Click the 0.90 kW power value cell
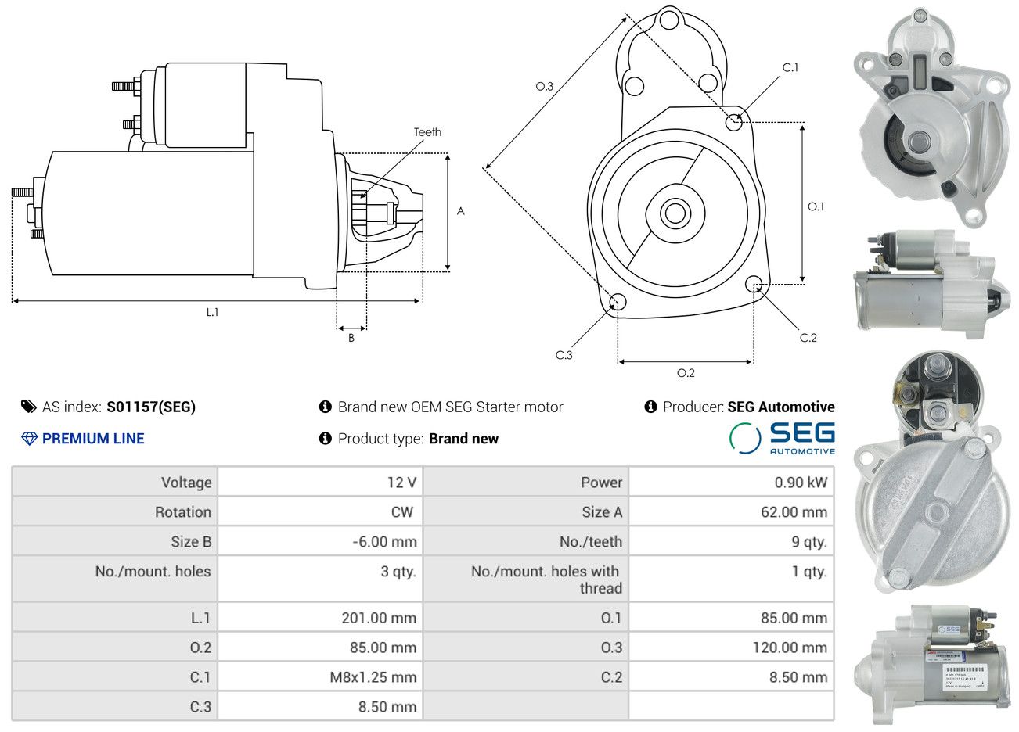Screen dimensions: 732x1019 coord(801,483)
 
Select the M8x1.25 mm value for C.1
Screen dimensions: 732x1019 coord(373,677)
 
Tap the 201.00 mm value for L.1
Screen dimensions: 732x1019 coord(379,618)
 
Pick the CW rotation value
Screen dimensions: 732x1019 coord(401,512)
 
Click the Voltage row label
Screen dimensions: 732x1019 coord(186,483)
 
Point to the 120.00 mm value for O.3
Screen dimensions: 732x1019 coord(793,648)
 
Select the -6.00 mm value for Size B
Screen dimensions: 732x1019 coord(383,542)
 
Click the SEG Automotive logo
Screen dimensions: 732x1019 coord(782,438)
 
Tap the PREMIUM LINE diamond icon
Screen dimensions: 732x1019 coord(29,439)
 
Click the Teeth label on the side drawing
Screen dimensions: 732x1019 coord(427,132)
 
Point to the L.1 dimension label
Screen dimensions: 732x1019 coord(212,312)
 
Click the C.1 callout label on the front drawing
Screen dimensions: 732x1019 coord(790,68)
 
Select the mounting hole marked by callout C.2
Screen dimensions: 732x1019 coord(754,283)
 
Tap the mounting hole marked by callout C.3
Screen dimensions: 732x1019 coord(618,302)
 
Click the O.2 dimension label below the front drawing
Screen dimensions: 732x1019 coord(686,373)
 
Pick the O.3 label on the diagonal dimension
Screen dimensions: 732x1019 coord(545,86)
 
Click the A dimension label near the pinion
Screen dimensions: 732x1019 coord(461,211)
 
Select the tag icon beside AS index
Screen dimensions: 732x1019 coord(29,407)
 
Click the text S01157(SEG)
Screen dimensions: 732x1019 coord(151,407)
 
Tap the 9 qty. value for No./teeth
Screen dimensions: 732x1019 coord(809,542)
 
